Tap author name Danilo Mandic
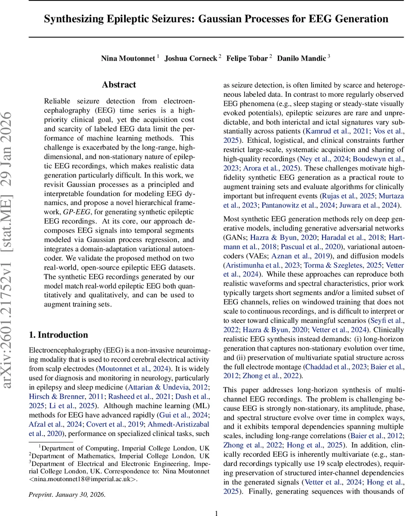(x=301, y=58)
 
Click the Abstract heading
(x=119, y=85)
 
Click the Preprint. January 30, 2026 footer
(x=67, y=494)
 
